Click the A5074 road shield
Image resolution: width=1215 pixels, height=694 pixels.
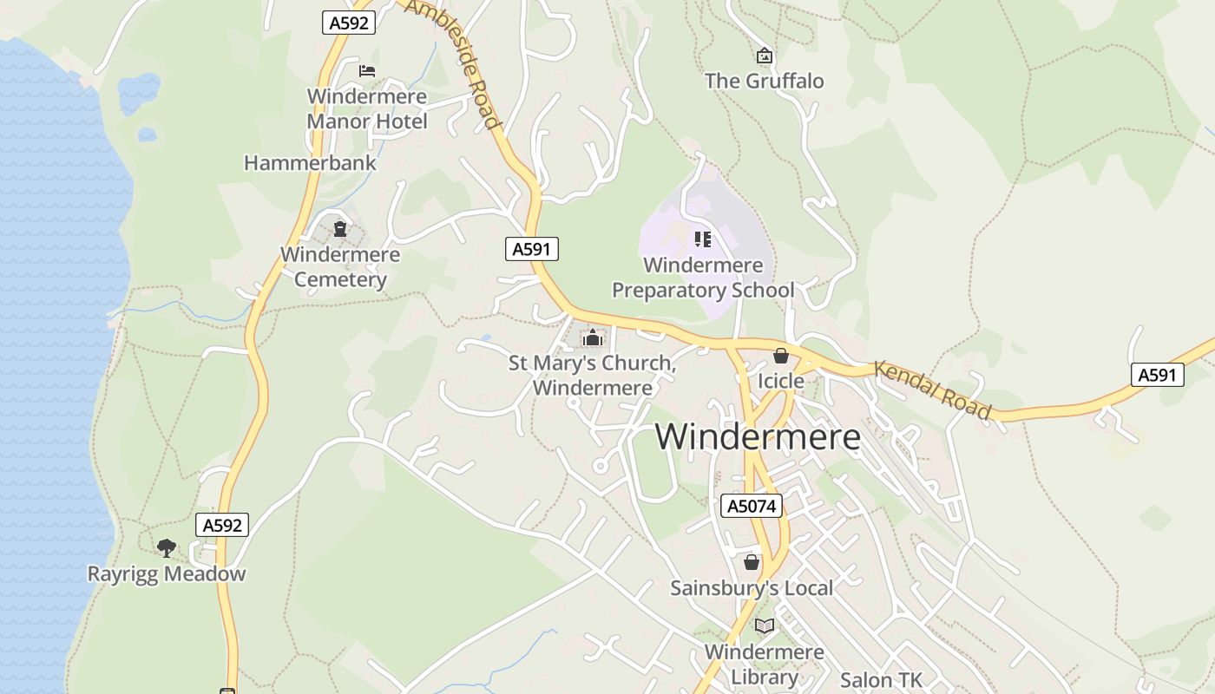pos(752,506)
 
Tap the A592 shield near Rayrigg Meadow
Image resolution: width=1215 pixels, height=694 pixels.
pos(222,525)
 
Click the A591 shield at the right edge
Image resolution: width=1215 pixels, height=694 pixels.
pos(1158,375)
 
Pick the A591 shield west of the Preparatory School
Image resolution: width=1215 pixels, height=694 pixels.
pos(531,249)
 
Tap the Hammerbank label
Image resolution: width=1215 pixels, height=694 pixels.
pos(310,163)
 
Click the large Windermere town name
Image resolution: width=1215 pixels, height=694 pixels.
pos(758,436)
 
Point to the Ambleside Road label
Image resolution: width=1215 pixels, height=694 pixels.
pos(453,62)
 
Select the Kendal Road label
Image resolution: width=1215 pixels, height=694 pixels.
pos(932,390)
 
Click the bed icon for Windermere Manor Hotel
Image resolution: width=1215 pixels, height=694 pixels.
pos(367,71)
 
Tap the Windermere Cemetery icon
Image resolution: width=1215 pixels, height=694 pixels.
pos(340,229)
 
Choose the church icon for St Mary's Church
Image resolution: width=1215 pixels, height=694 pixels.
pos(593,337)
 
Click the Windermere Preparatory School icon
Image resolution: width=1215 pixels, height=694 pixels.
pos(703,239)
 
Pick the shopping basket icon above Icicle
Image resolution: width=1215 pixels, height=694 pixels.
pos(780,356)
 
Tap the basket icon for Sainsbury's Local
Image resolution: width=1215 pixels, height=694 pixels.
pos(752,562)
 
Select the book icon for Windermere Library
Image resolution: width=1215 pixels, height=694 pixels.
pos(764,625)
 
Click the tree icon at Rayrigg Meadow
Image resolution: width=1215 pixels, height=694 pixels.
pos(167,547)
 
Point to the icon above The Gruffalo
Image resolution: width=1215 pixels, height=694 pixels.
pos(764,56)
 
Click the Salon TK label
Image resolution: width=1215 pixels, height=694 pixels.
pos(881,680)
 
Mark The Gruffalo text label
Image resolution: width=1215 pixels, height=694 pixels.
pos(764,82)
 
